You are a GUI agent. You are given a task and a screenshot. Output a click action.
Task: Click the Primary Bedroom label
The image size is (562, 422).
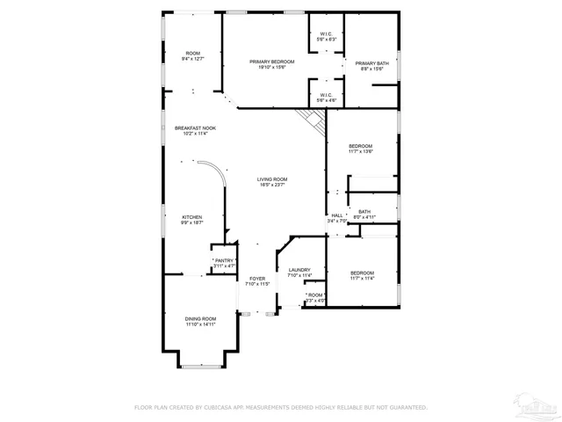(x=271, y=64)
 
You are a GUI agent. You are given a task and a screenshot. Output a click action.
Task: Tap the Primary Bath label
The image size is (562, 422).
(x=371, y=66)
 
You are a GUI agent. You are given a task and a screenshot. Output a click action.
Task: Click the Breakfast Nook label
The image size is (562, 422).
(x=194, y=130)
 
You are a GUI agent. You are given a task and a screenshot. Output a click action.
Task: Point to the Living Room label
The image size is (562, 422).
(x=272, y=181)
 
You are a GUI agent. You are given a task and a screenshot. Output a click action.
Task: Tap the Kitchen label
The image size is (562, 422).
(x=192, y=220)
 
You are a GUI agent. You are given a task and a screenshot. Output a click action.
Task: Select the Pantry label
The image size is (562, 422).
(x=224, y=262)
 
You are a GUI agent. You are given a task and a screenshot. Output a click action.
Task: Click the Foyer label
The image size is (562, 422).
(x=256, y=280)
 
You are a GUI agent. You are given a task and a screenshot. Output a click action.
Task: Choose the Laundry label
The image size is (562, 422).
(x=299, y=273)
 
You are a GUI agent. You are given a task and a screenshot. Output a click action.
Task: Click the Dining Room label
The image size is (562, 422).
(x=200, y=321)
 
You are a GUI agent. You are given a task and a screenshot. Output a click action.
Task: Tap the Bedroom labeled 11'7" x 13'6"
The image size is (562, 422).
(x=360, y=148)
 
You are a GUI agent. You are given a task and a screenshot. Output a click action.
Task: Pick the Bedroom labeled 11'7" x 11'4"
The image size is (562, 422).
(x=362, y=275)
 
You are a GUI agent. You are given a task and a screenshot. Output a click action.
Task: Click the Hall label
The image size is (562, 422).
(x=337, y=218)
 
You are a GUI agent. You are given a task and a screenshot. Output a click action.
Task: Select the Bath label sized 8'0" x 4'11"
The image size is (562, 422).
(x=364, y=214)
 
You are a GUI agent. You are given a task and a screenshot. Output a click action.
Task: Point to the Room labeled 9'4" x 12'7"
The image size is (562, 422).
(x=192, y=56)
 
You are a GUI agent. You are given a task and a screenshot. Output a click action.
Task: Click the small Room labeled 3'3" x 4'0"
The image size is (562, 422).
(x=315, y=297)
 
